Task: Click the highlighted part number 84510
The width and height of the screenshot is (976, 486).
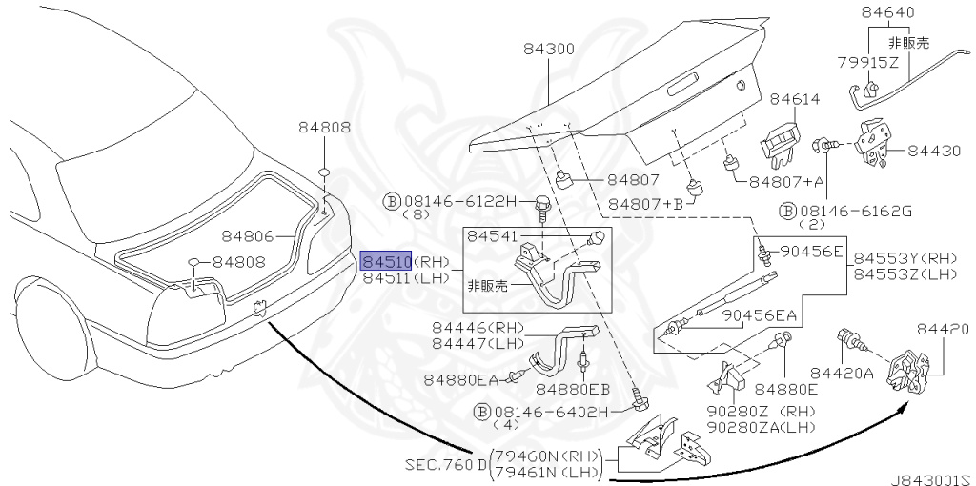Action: [x=386, y=260]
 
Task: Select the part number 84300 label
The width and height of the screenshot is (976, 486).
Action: [x=548, y=49]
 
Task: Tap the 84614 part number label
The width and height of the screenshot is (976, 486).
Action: [x=795, y=99]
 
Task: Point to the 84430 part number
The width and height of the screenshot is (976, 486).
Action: [x=934, y=151]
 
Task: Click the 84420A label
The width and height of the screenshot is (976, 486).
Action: [x=843, y=373]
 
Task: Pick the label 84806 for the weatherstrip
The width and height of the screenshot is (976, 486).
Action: [x=248, y=236]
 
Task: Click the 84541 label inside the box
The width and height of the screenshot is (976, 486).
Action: [x=493, y=236]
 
